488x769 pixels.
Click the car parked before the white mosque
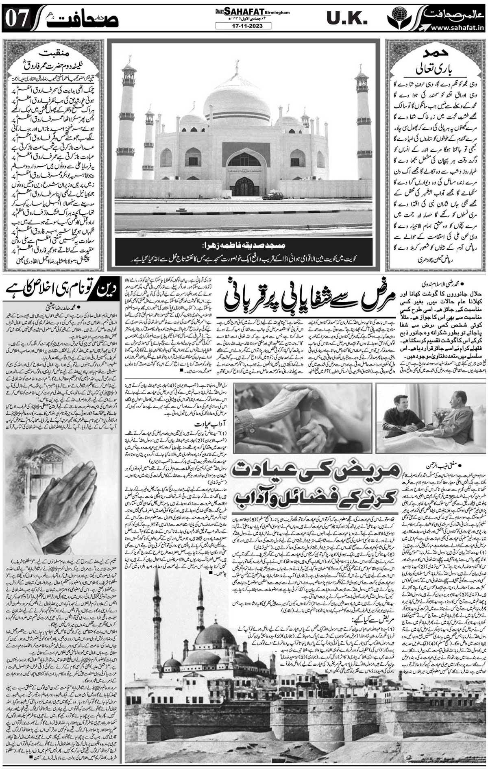point(272,197)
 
